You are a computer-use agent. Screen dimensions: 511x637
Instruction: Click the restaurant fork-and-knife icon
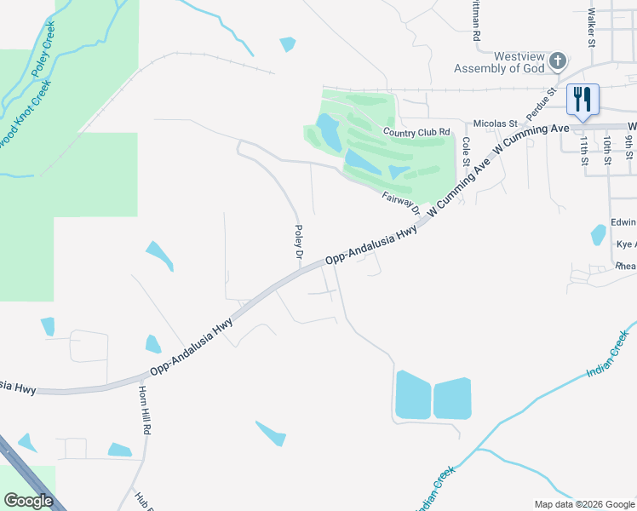pos(582,100)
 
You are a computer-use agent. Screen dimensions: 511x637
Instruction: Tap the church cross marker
pos(558,60)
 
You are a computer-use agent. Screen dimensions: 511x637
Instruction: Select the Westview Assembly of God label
pos(497,61)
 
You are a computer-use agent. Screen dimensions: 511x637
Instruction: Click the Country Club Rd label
pos(416,132)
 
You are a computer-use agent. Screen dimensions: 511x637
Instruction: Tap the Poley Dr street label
pos(299,242)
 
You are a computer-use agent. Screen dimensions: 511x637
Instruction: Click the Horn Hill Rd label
pos(145,410)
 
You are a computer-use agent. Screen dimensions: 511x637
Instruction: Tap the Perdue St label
pos(540,102)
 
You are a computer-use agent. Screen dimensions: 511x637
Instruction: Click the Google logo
pos(29,500)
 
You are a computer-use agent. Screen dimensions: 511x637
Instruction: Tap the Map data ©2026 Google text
pos(583,504)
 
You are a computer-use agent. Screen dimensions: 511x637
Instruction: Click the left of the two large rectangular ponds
pos(412,394)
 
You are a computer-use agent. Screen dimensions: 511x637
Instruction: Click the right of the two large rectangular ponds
pos(452,399)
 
